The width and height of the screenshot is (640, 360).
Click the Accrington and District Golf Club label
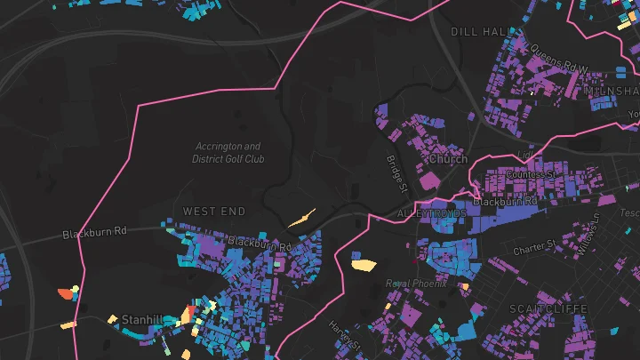pyautogui.click(x=228, y=153)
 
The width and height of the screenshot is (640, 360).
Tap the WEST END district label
pyautogui.click(x=213, y=211)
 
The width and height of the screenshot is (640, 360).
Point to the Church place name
pyautogui.click(x=448, y=159)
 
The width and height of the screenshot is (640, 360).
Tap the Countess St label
pyautogui.click(x=530, y=174)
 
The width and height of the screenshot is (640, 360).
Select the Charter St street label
pyautogui.click(x=534, y=244)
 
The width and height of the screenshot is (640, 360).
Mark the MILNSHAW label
pyautogui.click(x=612, y=92)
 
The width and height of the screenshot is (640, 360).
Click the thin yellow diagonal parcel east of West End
pyautogui.click(x=301, y=217)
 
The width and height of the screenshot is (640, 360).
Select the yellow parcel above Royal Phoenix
pyautogui.click(x=363, y=263)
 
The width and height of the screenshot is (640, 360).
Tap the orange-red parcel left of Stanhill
pyautogui.click(x=65, y=292)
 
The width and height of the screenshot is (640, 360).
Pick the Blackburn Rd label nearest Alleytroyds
pyautogui.click(x=505, y=202)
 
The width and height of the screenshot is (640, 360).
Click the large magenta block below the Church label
pyautogui.click(x=429, y=180)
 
